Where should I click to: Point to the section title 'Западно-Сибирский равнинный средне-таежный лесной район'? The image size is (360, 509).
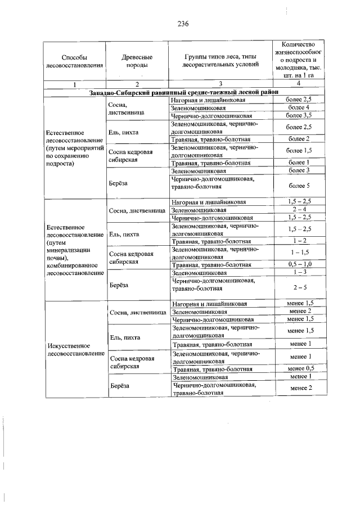pos(183,92)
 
